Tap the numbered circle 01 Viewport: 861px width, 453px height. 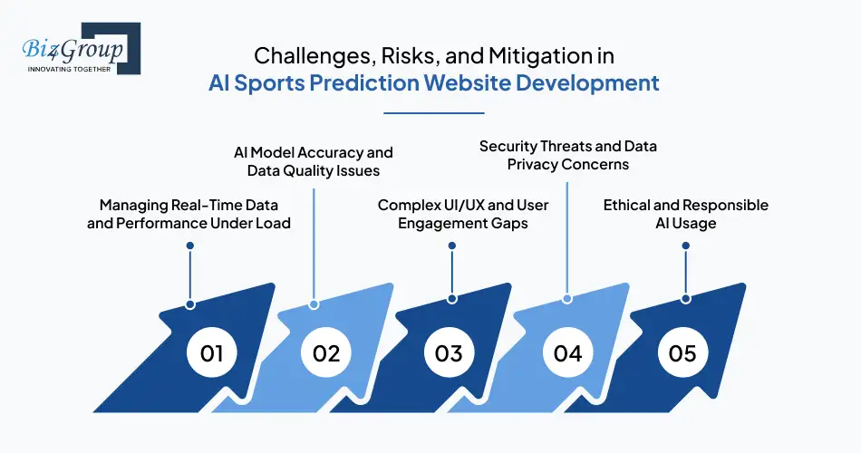click(x=211, y=352)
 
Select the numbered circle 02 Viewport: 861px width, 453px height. click(x=326, y=352)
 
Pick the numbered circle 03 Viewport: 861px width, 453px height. click(x=449, y=352)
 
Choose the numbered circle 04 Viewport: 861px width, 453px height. click(x=567, y=352)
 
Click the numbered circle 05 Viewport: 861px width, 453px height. click(x=683, y=352)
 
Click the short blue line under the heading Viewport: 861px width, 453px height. click(x=434, y=113)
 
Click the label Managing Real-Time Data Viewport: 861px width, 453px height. click(x=189, y=205)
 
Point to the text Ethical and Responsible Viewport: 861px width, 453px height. click(x=685, y=205)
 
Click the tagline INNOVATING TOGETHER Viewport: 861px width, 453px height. click(x=67, y=69)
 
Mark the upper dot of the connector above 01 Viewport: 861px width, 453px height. click(x=189, y=246)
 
